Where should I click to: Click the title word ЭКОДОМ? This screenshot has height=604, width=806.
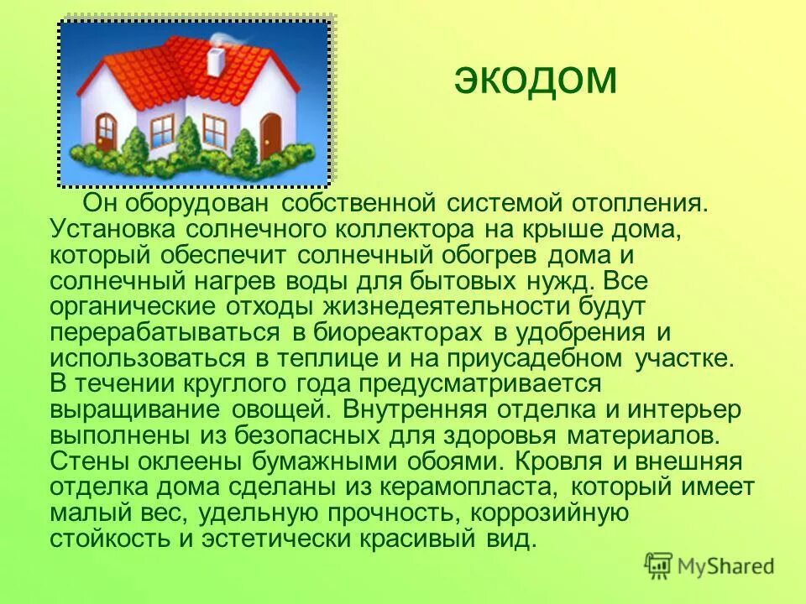click(536, 80)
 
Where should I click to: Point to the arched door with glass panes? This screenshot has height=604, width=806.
click(107, 132)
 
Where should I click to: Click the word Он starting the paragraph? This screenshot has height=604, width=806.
click(99, 203)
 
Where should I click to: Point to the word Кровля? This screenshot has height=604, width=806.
click(561, 461)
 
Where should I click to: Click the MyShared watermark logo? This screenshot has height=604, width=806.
click(709, 565)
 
